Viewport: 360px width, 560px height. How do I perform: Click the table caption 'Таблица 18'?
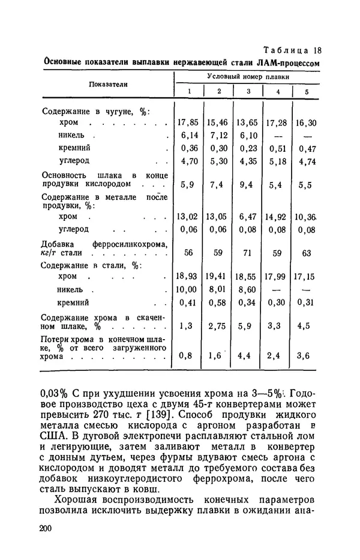pos(289,50)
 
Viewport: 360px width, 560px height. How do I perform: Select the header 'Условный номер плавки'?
pos(247,77)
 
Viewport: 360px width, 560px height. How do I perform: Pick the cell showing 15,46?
pos(218,122)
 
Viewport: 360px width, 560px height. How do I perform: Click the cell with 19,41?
pos(218,278)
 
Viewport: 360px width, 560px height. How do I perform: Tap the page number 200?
pos(47,528)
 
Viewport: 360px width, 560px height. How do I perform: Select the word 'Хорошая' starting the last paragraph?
pos(77,500)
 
